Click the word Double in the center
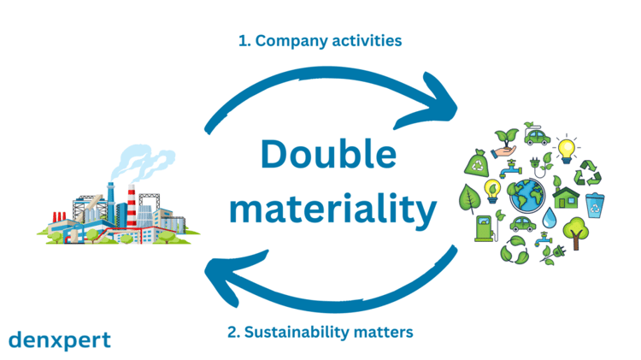pyautogui.click(x=328, y=156)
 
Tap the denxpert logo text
pyautogui.click(x=59, y=339)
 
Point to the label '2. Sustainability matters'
pyautogui.click(x=320, y=330)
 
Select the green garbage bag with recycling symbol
pyautogui.click(x=477, y=162)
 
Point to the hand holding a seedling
pyautogui.click(x=506, y=145)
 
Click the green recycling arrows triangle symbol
pyautogui.click(x=590, y=171)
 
